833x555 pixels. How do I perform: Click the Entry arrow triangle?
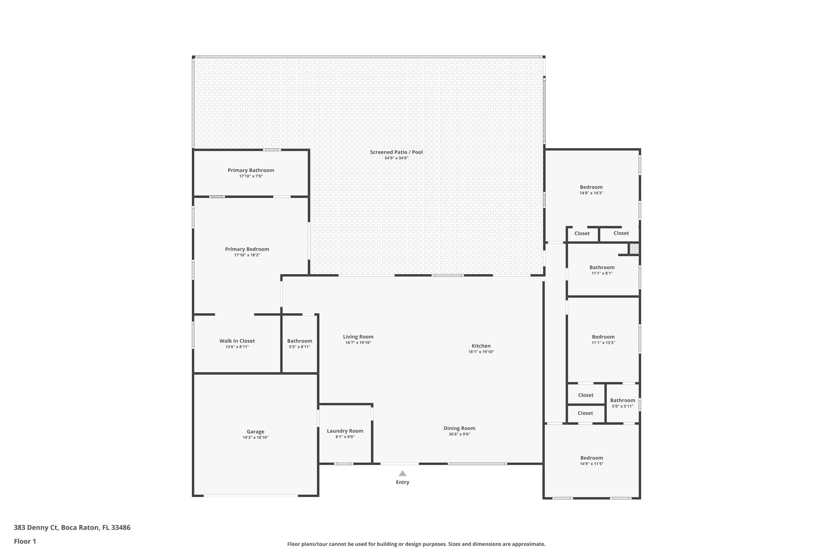pyautogui.click(x=402, y=474)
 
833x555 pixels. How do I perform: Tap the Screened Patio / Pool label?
pyautogui.click(x=396, y=152)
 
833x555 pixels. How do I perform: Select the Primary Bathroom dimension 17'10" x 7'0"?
pyautogui.click(x=251, y=176)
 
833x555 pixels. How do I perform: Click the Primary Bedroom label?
pyautogui.click(x=247, y=249)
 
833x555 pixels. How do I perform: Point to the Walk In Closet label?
pyautogui.click(x=237, y=341)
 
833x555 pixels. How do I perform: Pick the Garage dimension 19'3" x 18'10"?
pyautogui.click(x=255, y=438)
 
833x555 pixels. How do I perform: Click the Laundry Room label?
pyautogui.click(x=345, y=431)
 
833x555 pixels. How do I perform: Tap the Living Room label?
pyautogui.click(x=358, y=337)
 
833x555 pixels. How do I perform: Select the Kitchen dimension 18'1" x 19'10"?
pyautogui.click(x=481, y=352)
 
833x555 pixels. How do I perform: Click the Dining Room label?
pyautogui.click(x=459, y=428)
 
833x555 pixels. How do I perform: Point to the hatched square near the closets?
pyautogui.click(x=634, y=248)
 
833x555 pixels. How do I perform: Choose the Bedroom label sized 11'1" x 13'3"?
pyautogui.click(x=603, y=337)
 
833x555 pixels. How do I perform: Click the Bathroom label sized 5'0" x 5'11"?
pyautogui.click(x=622, y=400)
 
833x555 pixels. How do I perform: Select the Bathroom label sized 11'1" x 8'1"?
pyautogui.click(x=602, y=268)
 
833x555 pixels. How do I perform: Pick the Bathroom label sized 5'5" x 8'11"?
pyautogui.click(x=300, y=341)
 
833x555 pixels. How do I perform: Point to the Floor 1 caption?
pyautogui.click(x=25, y=541)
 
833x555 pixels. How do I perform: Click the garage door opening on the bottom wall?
pyautogui.click(x=251, y=496)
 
